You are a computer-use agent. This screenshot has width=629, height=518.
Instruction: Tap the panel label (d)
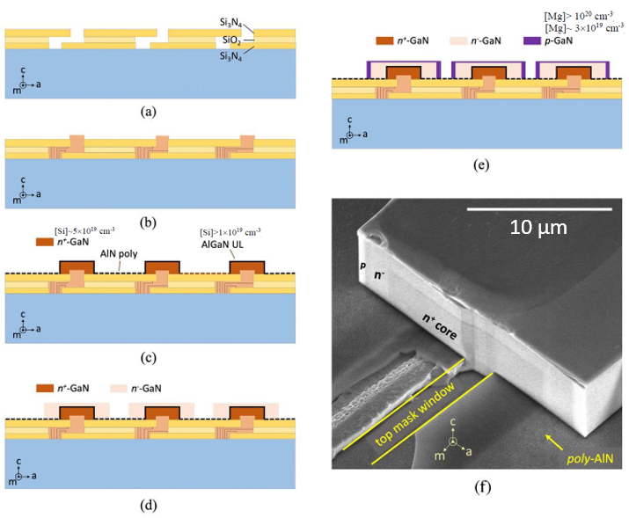(x=148, y=506)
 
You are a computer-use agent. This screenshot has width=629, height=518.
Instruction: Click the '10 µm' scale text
(x=538, y=228)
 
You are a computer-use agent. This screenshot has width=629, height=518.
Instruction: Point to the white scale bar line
(x=538, y=209)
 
